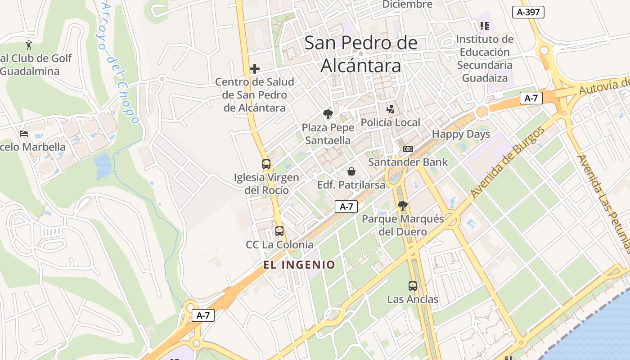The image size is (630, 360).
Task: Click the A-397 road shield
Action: pyautogui.click(x=528, y=12)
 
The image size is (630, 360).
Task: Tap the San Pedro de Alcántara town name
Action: pyautogui.click(x=361, y=54)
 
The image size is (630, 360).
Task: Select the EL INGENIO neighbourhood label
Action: pyautogui.click(x=300, y=265)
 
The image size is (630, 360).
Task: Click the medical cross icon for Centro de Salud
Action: pyautogui.click(x=255, y=69)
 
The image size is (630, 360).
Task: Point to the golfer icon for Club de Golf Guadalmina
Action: pyautogui.click(x=29, y=45)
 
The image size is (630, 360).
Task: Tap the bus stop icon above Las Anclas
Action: pyautogui.click(x=412, y=286)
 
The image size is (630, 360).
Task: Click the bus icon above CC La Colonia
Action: pyautogui.click(x=279, y=231)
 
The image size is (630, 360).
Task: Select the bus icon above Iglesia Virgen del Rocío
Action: pyautogui.click(x=266, y=164)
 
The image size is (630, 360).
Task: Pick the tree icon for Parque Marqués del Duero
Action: pyautogui.click(x=403, y=206)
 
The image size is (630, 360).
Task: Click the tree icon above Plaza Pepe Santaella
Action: pyautogui.click(x=328, y=114)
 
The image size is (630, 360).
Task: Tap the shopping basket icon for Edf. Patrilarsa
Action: pyautogui.click(x=351, y=171)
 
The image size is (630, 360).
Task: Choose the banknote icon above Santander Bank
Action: pyautogui.click(x=408, y=149)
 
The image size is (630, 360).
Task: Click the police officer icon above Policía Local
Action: pyautogui.click(x=391, y=109)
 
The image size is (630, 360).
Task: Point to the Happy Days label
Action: pyautogui.click(x=461, y=134)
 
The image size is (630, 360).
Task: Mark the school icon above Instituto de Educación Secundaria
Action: pyautogui.click(x=484, y=26)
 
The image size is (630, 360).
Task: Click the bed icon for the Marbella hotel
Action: pyautogui.click(x=24, y=134)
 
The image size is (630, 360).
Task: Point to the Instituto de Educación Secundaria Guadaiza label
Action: pyautogui.click(x=485, y=58)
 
